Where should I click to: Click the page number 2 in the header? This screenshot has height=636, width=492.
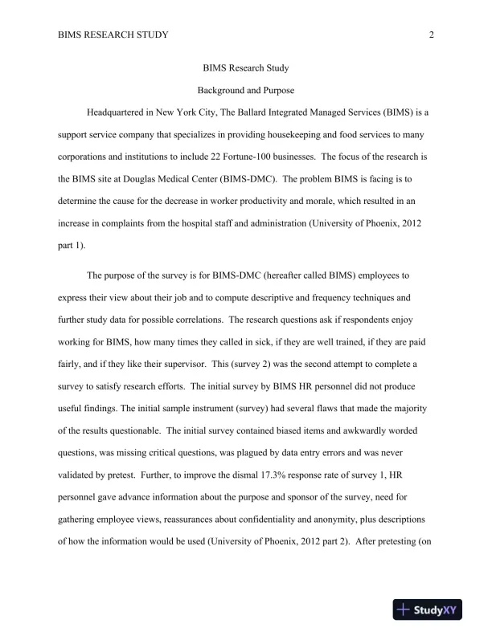tap(432, 35)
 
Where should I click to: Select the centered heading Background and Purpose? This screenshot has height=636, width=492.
tap(246, 91)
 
